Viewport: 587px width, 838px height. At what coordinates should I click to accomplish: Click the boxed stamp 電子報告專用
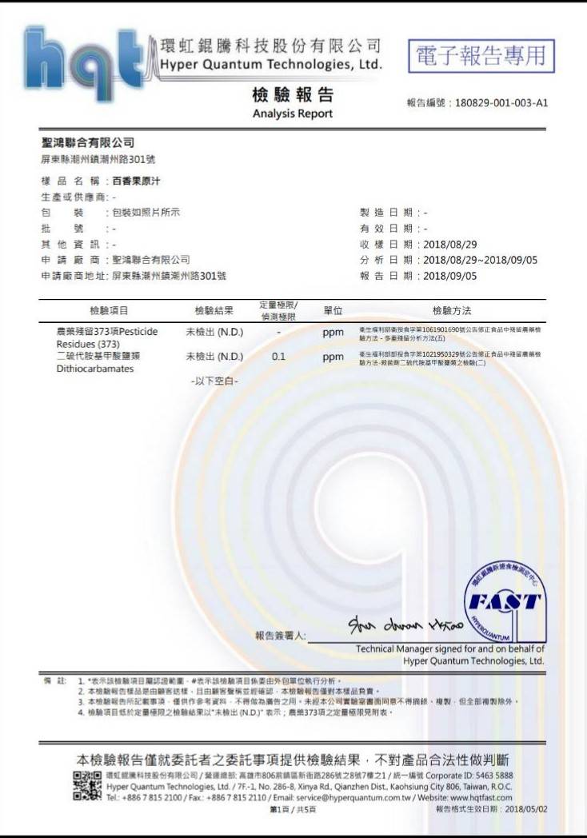[481, 55]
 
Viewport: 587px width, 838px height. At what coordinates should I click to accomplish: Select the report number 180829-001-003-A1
[501, 103]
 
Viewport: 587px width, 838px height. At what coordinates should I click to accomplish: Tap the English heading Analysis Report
[292, 114]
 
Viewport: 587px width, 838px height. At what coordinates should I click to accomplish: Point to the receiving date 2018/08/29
[450, 243]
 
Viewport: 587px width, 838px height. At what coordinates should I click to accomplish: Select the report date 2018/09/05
[450, 276]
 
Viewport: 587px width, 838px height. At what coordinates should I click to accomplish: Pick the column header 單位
[333, 310]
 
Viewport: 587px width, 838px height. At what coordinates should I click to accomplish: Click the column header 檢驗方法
[452, 310]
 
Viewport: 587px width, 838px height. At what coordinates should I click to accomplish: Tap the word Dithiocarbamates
[84, 369]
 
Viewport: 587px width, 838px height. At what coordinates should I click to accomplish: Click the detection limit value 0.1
[278, 357]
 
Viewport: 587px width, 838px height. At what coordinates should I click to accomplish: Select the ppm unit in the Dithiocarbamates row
[333, 357]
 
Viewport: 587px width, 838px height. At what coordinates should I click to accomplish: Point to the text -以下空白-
[214, 381]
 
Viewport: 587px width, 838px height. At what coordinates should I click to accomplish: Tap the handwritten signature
[397, 626]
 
